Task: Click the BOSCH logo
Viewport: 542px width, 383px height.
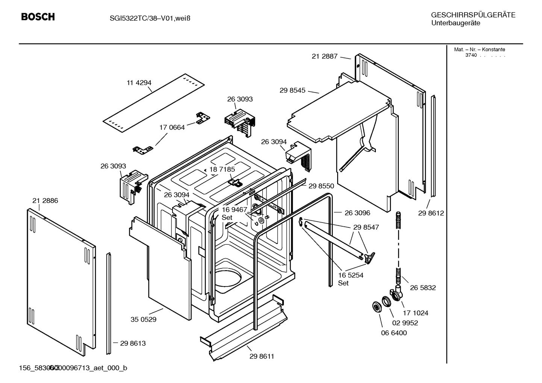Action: [x=38, y=17]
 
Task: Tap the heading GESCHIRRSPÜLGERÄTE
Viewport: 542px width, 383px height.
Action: [x=473, y=15]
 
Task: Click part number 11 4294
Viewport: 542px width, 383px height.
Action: [x=139, y=83]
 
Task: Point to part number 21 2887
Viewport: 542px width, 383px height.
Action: [x=324, y=56]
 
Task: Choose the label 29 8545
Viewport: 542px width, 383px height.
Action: [x=292, y=91]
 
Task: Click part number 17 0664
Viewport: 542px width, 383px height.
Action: [x=172, y=127]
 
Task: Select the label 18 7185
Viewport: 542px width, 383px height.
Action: [x=222, y=170]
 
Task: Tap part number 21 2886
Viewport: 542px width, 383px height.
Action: [x=45, y=201]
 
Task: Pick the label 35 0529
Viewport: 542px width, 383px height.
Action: [x=144, y=319]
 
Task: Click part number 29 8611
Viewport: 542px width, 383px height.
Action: [x=262, y=356]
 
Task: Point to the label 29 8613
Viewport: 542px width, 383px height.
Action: [x=133, y=343]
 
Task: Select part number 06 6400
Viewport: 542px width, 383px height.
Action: [x=394, y=333]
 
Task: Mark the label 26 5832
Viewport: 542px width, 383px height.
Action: [x=423, y=288]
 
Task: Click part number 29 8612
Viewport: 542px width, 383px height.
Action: [x=431, y=213]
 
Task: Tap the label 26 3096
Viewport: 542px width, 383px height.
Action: [x=357, y=213]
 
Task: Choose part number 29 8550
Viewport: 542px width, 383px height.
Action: [x=321, y=186]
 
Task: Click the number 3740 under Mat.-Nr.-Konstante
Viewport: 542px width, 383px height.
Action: [x=471, y=55]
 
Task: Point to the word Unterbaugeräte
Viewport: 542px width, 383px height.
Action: [x=456, y=23]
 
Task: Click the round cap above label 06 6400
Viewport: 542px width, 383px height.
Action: [x=375, y=307]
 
